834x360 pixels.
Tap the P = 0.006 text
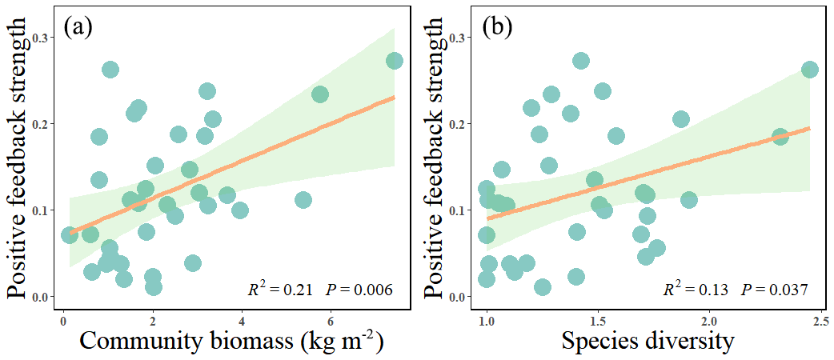click(x=359, y=289)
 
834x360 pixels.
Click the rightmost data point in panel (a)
click(x=395, y=61)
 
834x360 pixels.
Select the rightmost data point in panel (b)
click(x=809, y=70)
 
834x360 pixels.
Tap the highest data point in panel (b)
click(x=581, y=61)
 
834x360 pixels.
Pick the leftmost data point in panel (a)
click(x=70, y=235)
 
